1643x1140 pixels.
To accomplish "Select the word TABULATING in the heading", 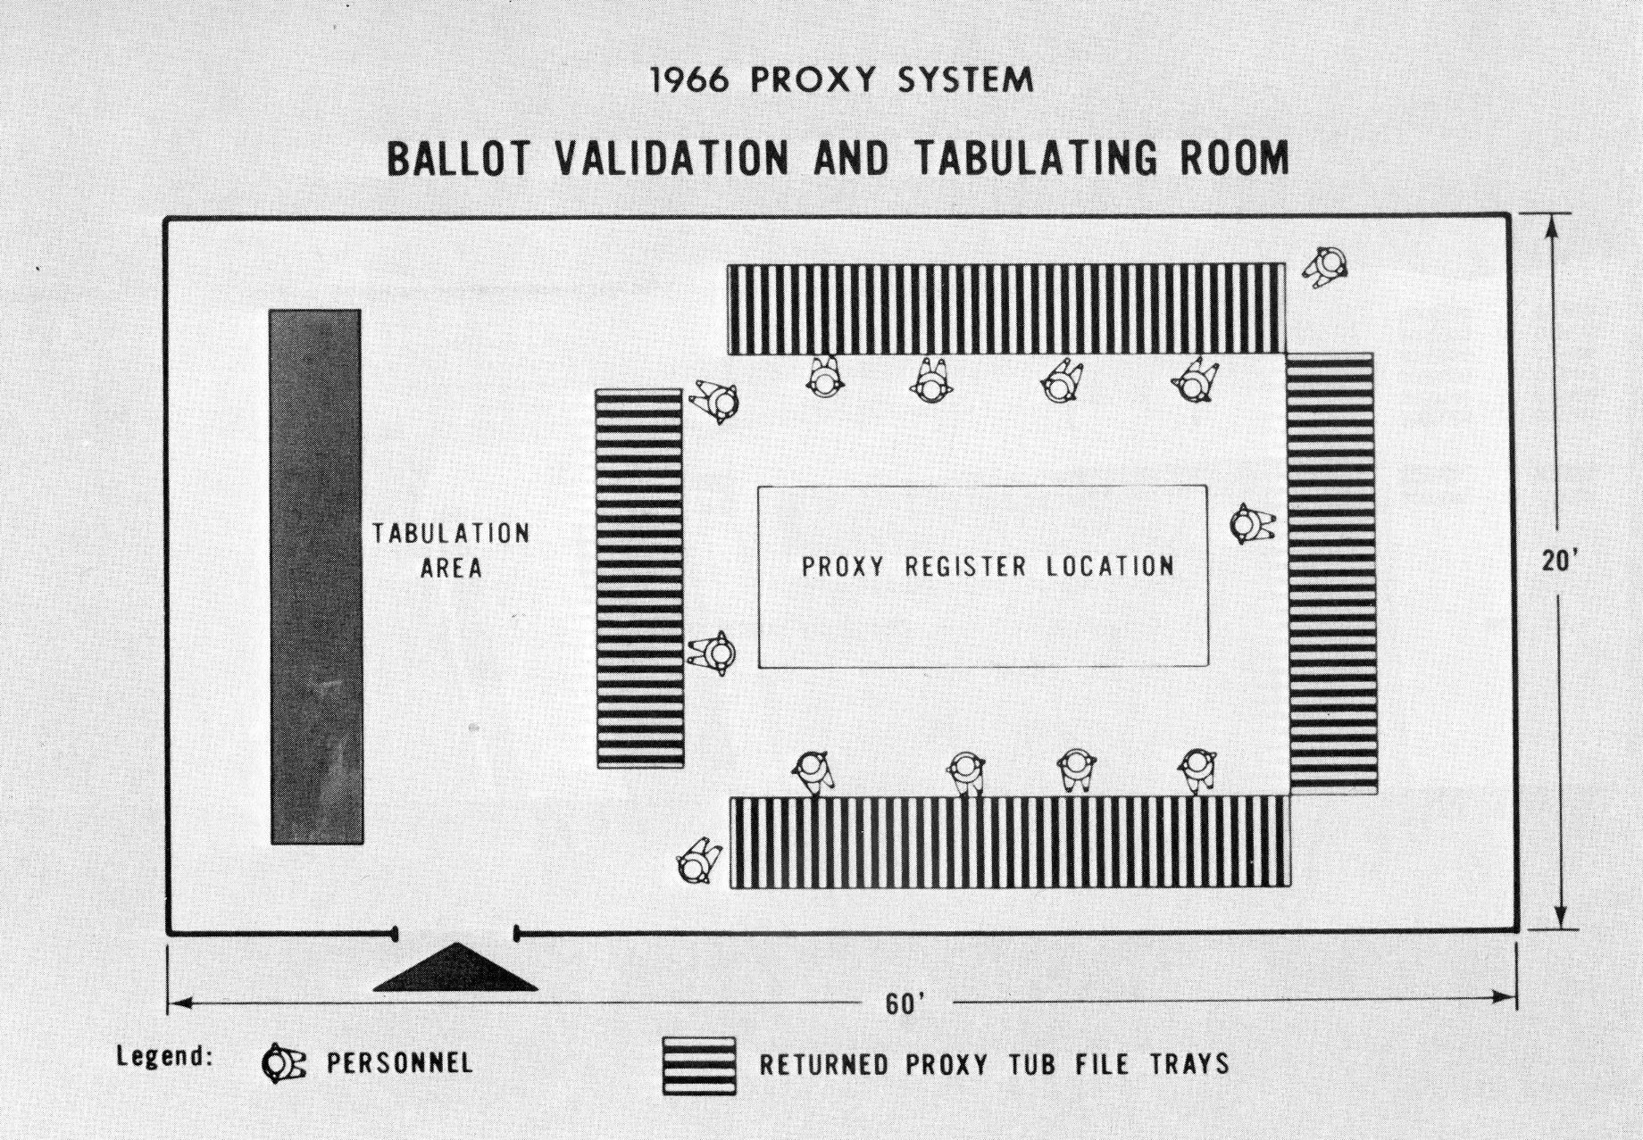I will coord(1035,159).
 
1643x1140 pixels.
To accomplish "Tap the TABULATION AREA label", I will coord(451,551).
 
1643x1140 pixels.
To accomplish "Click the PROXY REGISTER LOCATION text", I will coord(988,566).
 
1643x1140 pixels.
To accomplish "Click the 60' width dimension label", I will coord(904,1004).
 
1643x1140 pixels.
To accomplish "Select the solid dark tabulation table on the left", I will coord(317,577).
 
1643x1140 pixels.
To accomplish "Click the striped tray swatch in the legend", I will coord(699,1065).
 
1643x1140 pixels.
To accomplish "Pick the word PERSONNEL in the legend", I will coord(399,1063).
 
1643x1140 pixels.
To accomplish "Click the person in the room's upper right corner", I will coord(1325,266).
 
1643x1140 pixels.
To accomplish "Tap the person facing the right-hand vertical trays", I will coord(1252,524).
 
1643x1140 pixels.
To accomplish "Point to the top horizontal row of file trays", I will coord(1005,309).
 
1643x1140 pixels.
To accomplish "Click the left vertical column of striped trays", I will coord(639,578).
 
